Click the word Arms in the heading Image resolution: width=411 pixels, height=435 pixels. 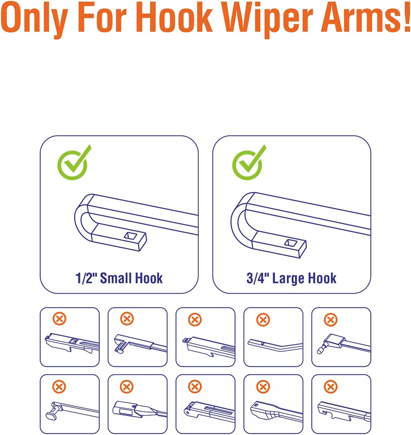coord(358,17)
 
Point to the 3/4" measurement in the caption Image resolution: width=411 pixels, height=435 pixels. coord(257,278)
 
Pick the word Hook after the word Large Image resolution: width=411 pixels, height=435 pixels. coord(319,278)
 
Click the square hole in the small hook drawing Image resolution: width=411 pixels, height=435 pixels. coord(130,235)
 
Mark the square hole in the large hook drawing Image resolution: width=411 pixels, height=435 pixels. coord(291,243)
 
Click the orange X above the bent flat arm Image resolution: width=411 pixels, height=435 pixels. coord(263,320)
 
